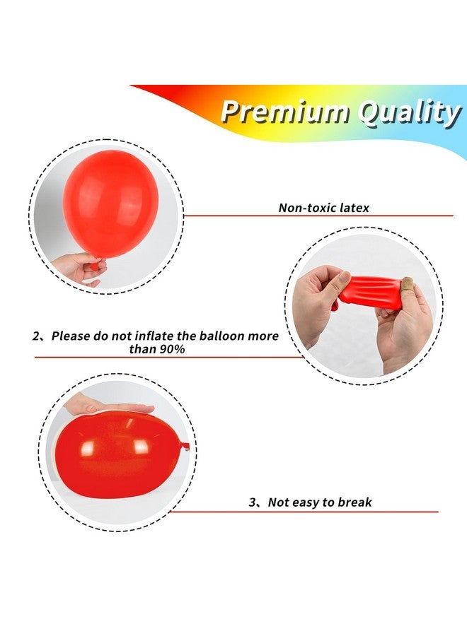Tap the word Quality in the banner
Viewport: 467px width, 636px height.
408,113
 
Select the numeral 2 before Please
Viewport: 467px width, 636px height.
37,336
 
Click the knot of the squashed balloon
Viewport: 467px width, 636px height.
185,446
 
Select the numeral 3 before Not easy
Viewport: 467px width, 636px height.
253,503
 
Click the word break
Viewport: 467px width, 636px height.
356,503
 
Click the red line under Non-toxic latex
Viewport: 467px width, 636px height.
318,216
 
